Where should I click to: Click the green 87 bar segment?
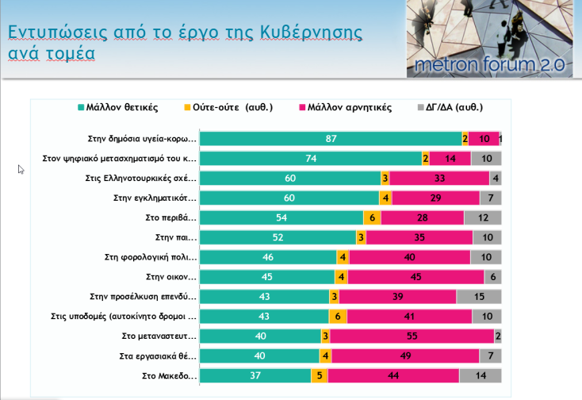(x=331, y=139)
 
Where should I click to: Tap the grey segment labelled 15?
(x=479, y=296)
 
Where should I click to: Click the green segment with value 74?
(x=310, y=159)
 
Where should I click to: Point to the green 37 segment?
(x=255, y=375)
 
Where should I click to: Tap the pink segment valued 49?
(x=404, y=356)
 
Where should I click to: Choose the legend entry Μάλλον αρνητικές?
(x=346, y=107)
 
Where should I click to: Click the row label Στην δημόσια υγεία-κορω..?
(x=142, y=139)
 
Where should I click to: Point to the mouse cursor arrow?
(x=21, y=169)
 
